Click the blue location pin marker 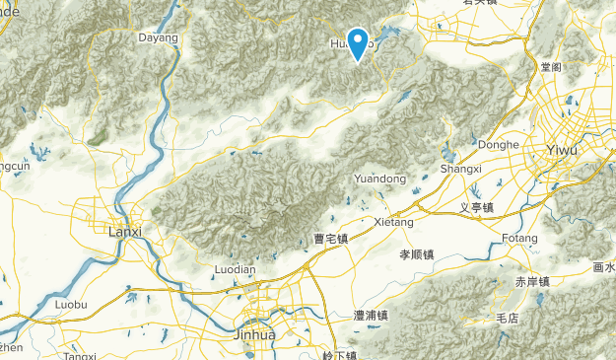click(359, 41)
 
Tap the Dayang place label click(158, 38)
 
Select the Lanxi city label click(124, 232)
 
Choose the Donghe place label click(498, 144)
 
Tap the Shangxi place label click(460, 170)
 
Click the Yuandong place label click(379, 179)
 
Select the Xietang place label click(395, 224)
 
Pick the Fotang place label click(518, 239)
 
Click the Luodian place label click(235, 269)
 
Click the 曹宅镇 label click(331, 239)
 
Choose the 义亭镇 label click(478, 207)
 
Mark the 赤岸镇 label click(532, 281)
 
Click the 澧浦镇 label click(371, 316)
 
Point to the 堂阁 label click(552, 67)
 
